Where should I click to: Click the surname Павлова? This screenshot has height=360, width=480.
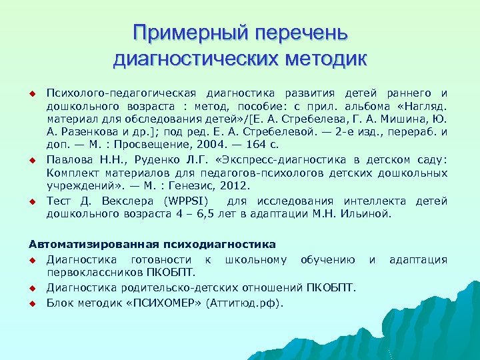[69, 160]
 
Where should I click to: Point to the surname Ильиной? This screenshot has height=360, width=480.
[369, 214]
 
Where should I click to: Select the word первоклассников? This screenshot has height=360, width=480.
[88, 272]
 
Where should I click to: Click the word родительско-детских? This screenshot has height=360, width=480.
[193, 287]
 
